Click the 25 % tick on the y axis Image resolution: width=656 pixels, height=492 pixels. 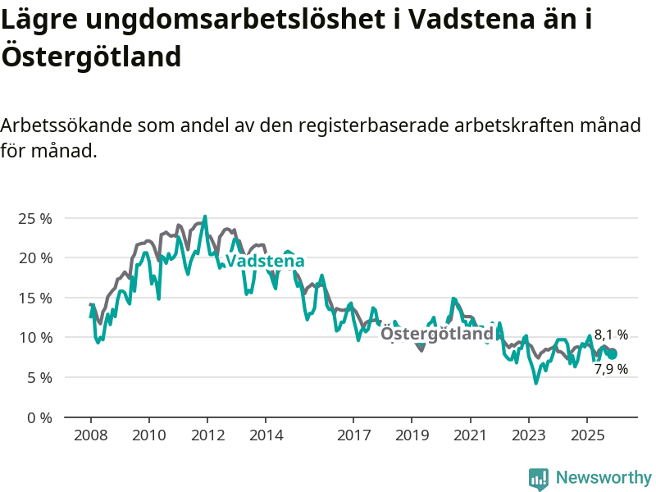34,218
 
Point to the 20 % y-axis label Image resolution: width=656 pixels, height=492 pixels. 34,257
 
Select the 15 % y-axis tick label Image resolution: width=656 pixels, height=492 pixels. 34,298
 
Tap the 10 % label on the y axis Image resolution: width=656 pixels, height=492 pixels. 34,337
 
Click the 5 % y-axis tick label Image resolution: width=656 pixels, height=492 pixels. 39,377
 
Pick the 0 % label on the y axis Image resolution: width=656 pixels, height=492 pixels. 39,417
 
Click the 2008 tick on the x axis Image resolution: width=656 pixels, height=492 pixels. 90,435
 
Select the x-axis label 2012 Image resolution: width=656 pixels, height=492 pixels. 207,435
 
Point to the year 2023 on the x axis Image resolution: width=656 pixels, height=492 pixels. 528,435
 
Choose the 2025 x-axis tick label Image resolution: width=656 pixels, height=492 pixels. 586,435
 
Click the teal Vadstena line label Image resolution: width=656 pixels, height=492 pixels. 265,262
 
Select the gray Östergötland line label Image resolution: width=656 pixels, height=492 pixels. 438,334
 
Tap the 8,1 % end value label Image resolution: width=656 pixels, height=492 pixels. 611,335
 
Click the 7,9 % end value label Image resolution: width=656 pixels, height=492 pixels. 611,369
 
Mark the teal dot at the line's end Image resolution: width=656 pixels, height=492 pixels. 612,353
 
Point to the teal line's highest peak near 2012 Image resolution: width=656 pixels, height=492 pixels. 205,216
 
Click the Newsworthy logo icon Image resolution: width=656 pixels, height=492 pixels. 539,478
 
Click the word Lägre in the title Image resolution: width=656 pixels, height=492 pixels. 39,20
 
